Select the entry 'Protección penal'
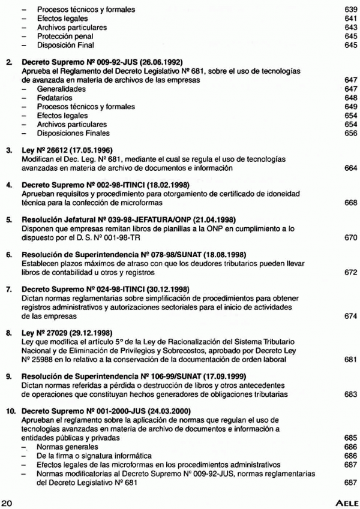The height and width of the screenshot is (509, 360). [60, 35]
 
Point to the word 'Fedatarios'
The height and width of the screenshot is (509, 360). [52, 98]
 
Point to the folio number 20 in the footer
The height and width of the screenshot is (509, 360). [7, 500]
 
